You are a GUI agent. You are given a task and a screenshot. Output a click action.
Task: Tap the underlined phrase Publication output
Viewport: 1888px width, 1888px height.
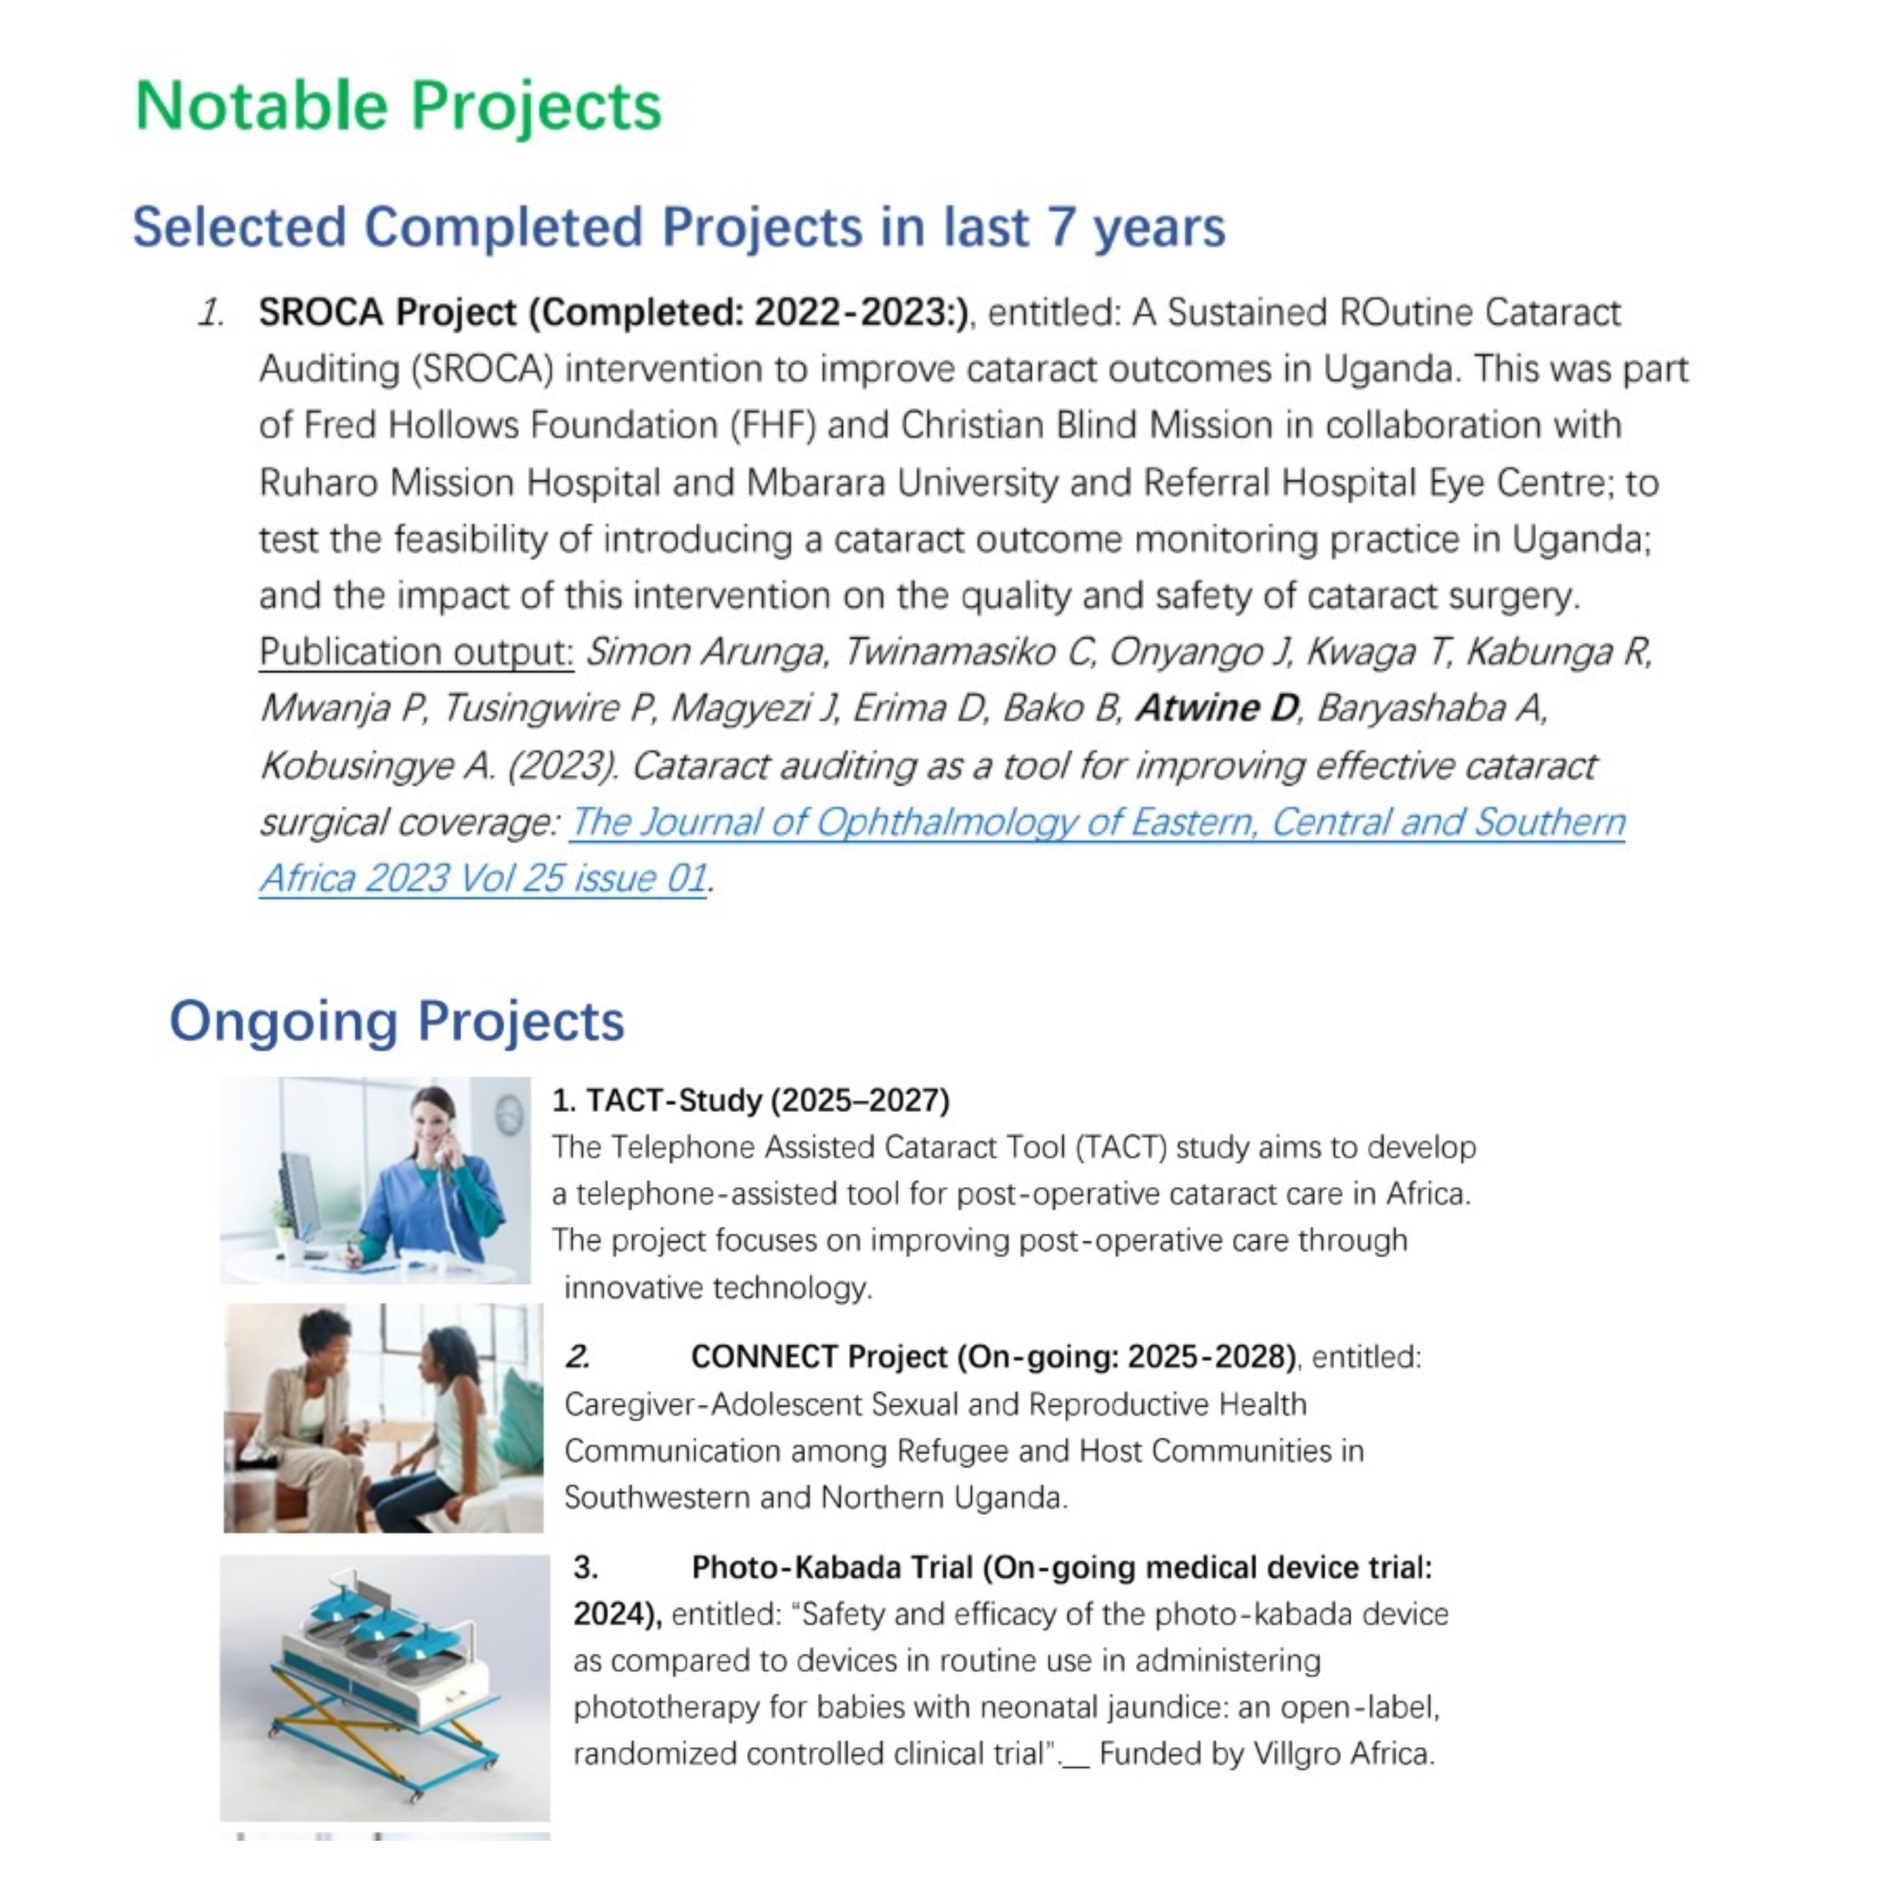tap(415, 652)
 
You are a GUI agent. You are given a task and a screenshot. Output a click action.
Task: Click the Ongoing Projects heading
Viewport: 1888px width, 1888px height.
tap(396, 1021)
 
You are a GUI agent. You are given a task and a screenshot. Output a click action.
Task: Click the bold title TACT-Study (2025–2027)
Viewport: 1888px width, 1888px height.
tap(751, 1100)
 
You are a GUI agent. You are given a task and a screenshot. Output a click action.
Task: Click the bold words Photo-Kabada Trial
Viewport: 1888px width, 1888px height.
tap(831, 1568)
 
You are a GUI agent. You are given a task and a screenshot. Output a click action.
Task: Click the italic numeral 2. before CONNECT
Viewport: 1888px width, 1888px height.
tap(578, 1356)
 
